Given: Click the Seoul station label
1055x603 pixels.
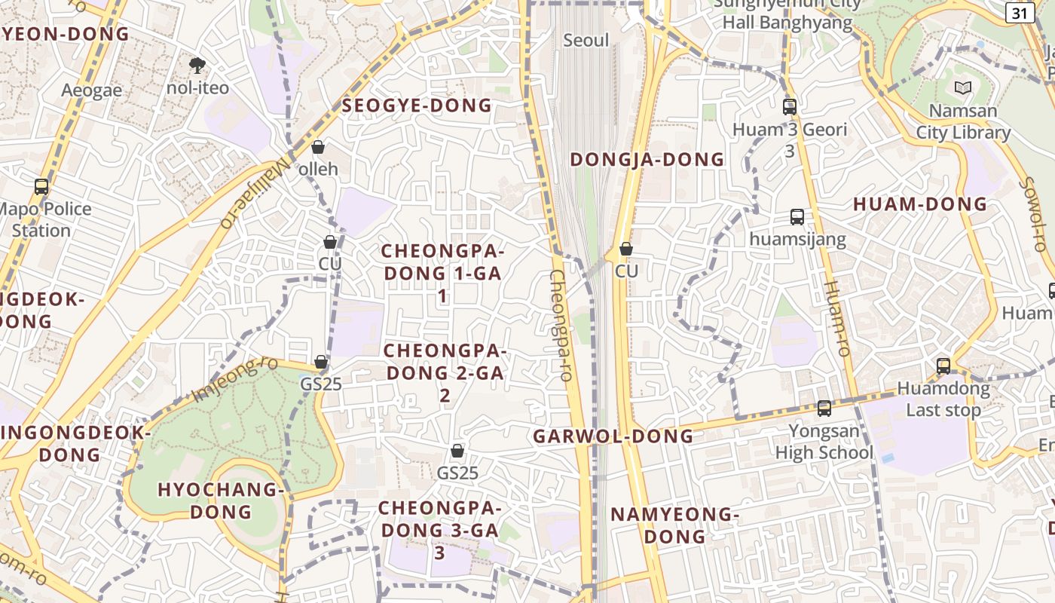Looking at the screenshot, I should [x=586, y=40].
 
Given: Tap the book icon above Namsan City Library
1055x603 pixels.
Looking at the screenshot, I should [x=962, y=87].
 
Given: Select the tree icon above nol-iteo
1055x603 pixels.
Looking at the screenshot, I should [x=197, y=66].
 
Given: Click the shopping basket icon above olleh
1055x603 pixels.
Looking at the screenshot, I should [x=318, y=147].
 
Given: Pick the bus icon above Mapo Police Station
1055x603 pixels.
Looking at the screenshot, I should [x=41, y=187].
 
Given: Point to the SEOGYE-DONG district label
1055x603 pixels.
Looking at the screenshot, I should [x=417, y=106].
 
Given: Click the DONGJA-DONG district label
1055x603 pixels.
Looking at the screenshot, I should [x=647, y=159].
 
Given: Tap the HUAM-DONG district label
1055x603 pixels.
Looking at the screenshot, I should [x=919, y=204].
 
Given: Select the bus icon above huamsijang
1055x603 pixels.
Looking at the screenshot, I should [x=797, y=217].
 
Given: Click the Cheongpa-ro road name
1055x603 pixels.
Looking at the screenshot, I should [x=560, y=326].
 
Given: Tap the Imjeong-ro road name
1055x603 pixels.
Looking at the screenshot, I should [x=234, y=380].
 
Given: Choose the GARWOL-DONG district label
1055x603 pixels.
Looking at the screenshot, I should [x=613, y=436].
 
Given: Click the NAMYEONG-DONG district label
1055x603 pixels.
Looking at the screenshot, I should [x=674, y=525].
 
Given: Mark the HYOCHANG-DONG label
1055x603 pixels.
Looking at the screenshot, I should [x=221, y=500].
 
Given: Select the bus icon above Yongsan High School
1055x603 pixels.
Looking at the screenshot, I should [x=824, y=409].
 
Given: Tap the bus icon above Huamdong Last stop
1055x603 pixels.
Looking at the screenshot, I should [x=943, y=366].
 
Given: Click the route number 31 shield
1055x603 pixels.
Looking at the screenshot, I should [x=1020, y=13].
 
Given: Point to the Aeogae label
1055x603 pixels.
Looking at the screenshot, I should [x=92, y=90].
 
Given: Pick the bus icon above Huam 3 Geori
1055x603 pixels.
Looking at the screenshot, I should [x=790, y=107].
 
